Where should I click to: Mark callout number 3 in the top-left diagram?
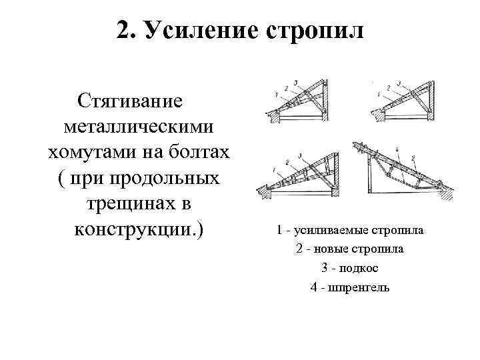pos(295,84)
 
